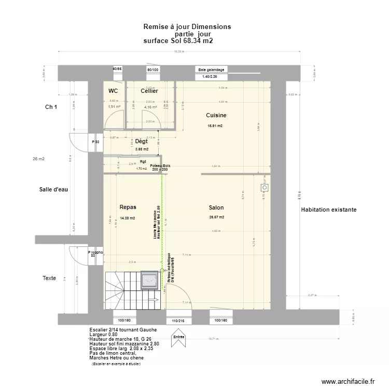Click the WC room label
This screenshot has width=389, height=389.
(113, 91)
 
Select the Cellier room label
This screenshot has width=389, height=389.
(149, 91)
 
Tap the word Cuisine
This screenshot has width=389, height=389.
(216, 115)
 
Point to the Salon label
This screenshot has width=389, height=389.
(215, 207)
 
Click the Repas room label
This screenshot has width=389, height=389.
(128, 206)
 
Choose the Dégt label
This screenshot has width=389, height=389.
(141, 141)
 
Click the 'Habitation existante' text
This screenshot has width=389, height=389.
(328, 210)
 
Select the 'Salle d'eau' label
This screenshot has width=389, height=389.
(53, 189)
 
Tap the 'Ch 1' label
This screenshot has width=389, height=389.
(51, 107)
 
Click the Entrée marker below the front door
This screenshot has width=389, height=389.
(179, 337)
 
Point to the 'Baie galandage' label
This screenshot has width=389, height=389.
(211, 70)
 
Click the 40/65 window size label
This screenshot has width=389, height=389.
(117, 69)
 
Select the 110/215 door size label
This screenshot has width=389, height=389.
(178, 321)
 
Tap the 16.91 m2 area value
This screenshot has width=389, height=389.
(215, 126)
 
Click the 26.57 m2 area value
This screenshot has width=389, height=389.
(216, 217)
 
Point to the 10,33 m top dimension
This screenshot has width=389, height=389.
(178, 51)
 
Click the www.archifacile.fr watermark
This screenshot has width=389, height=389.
(348, 381)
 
